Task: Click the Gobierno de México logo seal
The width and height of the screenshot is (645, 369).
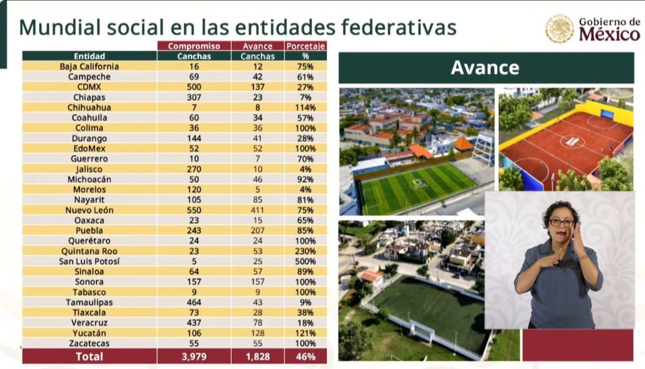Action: (x=559, y=29)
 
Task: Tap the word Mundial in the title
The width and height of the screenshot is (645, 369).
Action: (x=60, y=28)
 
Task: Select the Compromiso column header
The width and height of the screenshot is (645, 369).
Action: (x=193, y=46)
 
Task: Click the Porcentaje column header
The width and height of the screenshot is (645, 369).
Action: (x=305, y=46)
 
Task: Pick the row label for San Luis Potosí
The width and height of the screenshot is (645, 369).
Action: (x=89, y=261)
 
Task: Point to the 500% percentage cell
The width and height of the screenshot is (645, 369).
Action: (x=305, y=261)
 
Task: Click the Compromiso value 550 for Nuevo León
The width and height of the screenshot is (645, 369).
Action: (x=193, y=210)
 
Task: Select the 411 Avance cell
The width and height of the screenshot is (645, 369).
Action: (x=258, y=210)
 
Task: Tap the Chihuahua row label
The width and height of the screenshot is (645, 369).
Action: (x=89, y=107)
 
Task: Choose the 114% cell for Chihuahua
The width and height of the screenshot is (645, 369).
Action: (x=305, y=107)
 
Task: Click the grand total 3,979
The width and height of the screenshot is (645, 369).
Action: (x=193, y=356)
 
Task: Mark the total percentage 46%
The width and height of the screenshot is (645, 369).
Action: (x=305, y=356)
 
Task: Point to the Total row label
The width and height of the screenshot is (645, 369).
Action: (x=89, y=356)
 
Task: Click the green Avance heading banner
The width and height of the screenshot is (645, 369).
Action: (x=486, y=68)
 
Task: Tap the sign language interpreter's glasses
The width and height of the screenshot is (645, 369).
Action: (x=561, y=223)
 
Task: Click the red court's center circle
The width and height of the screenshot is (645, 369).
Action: (x=572, y=141)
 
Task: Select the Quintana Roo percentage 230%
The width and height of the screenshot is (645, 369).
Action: (x=305, y=251)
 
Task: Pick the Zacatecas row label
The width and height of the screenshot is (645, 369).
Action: (x=89, y=343)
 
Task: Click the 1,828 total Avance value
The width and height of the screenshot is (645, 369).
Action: (x=258, y=356)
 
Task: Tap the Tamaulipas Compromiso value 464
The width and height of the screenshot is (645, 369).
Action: (x=193, y=302)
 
